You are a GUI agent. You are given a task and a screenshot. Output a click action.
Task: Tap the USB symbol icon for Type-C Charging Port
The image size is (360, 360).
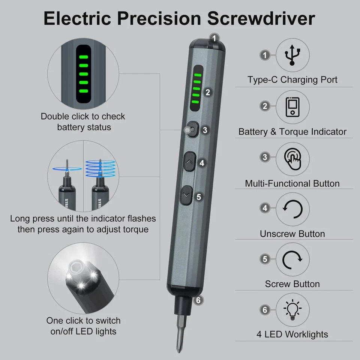pos(292,55)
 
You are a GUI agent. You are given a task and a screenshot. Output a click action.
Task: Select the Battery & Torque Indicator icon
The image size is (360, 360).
pos(292,107)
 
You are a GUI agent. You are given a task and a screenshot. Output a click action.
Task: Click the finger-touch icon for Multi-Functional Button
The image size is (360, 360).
pos(292,159)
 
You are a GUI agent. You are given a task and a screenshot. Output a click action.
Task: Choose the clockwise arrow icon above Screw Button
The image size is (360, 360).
pos(292,259)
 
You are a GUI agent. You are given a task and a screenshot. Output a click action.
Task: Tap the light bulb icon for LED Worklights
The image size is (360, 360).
pos(292,310)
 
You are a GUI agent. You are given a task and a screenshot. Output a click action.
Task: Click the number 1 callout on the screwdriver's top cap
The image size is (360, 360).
pos(214,37)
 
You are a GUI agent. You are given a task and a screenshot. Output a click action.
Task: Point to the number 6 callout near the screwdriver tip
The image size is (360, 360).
pos(199,300)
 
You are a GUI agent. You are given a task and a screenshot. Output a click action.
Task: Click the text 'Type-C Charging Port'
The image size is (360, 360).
pos(292,80)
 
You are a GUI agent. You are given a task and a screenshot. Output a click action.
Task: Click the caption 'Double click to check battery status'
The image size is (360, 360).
pos(83,122)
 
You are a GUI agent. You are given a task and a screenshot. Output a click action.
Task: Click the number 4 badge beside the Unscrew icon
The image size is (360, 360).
pos(265,208)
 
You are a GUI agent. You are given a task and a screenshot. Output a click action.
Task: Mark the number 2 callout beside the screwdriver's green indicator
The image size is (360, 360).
pos(207,92)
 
